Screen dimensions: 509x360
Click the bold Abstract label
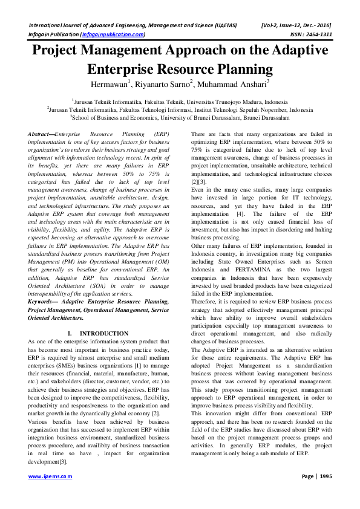click(41, 132)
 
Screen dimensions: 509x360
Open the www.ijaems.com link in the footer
click(50, 493)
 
